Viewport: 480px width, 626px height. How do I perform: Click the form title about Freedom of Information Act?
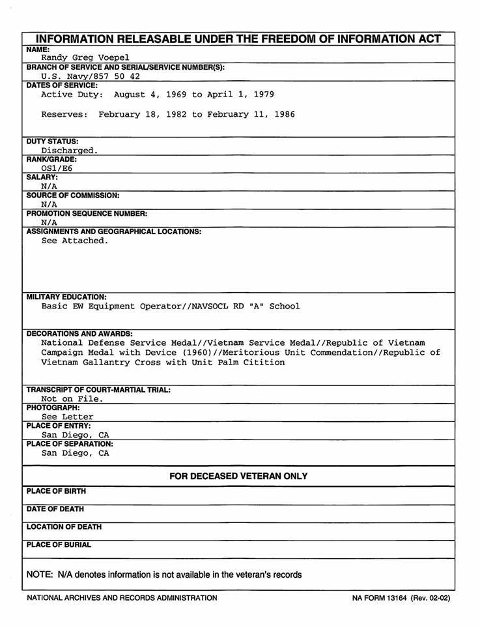pyautogui.click(x=238, y=38)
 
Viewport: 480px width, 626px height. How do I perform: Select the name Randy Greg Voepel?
pyautogui.click(x=85, y=57)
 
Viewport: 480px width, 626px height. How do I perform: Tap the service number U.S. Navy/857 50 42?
pyautogui.click(x=91, y=76)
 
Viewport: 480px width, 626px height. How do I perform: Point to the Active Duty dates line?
pyautogui.click(x=158, y=95)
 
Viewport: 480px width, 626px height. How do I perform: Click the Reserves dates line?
pyautogui.click(x=168, y=115)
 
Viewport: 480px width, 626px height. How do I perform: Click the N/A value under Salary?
pyautogui.click(x=49, y=186)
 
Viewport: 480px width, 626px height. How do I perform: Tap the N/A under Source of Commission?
pyautogui.click(x=49, y=204)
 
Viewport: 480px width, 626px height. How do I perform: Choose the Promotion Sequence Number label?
pyautogui.click(x=87, y=213)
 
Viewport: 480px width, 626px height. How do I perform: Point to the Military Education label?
pyautogui.click(x=66, y=297)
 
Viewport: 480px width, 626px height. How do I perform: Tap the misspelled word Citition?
pyautogui.click(x=264, y=363)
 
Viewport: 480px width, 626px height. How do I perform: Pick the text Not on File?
pyautogui.click(x=72, y=398)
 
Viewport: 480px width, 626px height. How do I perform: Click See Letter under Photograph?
pyautogui.click(x=67, y=417)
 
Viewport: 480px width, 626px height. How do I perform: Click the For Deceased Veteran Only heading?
pyautogui.click(x=238, y=476)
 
